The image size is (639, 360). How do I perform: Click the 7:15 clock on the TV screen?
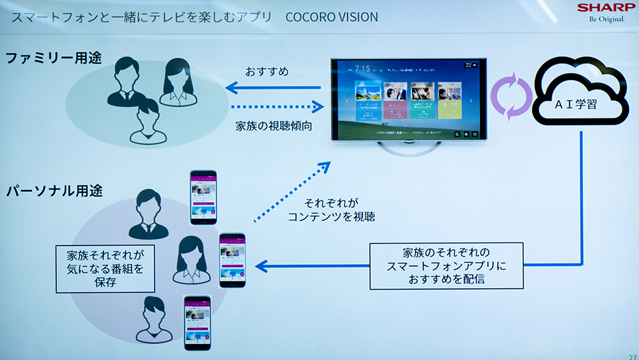pyautogui.click(x=363, y=68)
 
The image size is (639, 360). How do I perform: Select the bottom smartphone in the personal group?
pyautogui.click(x=197, y=322)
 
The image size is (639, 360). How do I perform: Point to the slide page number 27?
pyautogui.click(x=632, y=356)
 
